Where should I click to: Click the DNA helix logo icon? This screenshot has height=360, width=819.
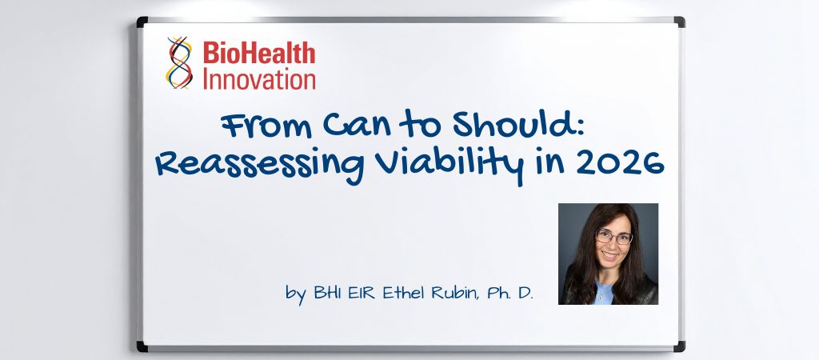(179, 62)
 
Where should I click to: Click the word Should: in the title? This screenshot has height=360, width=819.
(518, 127)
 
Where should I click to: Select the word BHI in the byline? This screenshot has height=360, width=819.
(326, 294)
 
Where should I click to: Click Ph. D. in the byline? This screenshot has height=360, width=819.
(513, 294)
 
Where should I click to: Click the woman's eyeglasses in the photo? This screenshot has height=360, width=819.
(613, 238)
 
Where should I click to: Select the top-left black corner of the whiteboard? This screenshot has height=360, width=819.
(142, 22)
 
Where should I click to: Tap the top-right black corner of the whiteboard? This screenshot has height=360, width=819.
(679, 22)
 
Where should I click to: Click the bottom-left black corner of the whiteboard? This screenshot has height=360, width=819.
(142, 346)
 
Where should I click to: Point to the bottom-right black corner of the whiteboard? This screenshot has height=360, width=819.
(679, 346)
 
